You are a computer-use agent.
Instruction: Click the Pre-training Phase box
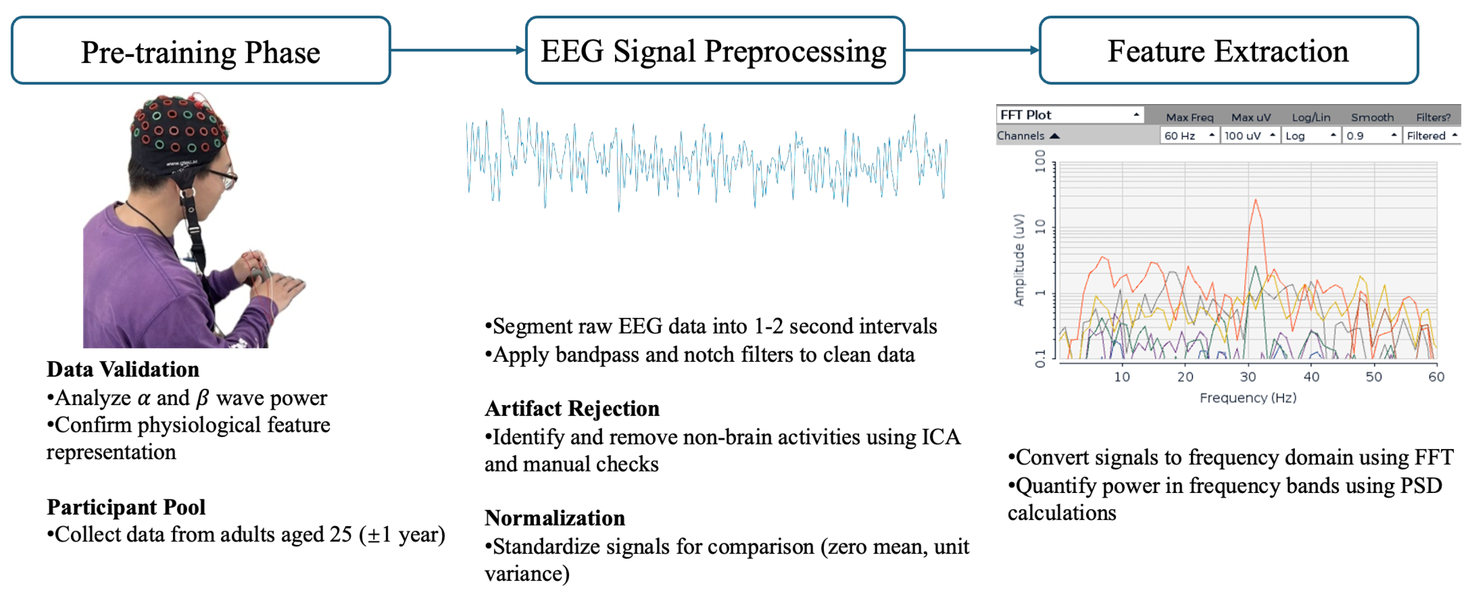click(x=200, y=51)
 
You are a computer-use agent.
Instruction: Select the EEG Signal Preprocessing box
click(x=714, y=51)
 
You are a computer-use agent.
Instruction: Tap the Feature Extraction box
click(x=1229, y=51)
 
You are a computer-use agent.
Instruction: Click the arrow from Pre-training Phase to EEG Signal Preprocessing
click(x=457, y=50)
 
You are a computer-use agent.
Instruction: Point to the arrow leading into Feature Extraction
click(x=971, y=50)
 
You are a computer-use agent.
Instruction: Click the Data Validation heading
click(x=123, y=370)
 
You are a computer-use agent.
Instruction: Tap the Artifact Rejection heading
click(x=572, y=409)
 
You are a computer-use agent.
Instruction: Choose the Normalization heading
click(x=555, y=518)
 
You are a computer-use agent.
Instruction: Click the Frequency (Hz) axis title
click(x=1248, y=397)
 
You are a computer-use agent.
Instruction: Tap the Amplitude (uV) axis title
click(x=1019, y=260)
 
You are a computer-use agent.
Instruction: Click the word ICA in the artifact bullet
click(x=941, y=437)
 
